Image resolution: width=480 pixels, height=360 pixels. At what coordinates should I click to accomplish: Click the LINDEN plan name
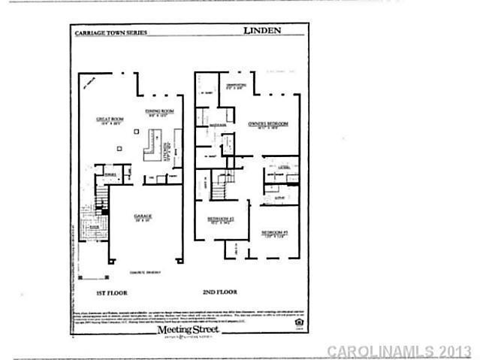(262, 32)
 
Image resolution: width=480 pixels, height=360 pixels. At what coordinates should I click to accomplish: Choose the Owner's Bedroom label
(268, 124)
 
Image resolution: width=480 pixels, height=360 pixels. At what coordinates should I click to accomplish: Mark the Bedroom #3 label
(276, 234)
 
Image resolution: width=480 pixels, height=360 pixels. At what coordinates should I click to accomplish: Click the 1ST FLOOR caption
(110, 292)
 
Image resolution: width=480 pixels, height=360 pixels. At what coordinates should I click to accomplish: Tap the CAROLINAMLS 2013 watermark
(399, 351)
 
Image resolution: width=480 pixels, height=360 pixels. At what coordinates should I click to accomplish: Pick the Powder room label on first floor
(110, 174)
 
